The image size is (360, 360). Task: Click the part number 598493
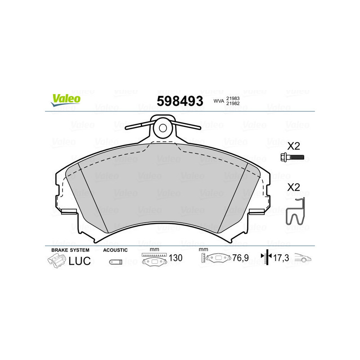pyautogui.click(x=180, y=101)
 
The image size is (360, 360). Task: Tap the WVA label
pyautogui.click(x=219, y=102)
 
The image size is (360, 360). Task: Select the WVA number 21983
pyautogui.click(x=233, y=98)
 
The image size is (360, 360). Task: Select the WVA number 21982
pyautogui.click(x=233, y=104)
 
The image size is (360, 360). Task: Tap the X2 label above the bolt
pyautogui.click(x=294, y=146)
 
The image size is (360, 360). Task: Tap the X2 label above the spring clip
pyautogui.click(x=294, y=187)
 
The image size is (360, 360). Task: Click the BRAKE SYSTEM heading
pyautogui.click(x=70, y=250)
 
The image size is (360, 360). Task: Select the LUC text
pyautogui.click(x=80, y=261)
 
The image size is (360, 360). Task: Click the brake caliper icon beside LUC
pyautogui.click(x=56, y=261)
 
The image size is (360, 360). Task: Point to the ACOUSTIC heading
pyautogui.click(x=115, y=250)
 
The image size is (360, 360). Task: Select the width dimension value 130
pyautogui.click(x=176, y=258)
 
